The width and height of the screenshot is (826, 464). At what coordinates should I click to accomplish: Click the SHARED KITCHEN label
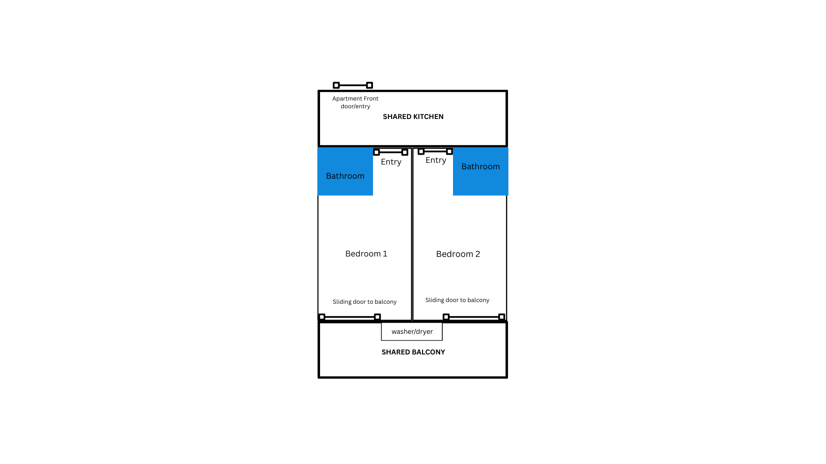coord(413,116)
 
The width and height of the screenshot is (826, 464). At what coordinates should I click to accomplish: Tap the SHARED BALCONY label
coord(413,352)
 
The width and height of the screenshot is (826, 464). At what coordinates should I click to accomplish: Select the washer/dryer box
coord(412,332)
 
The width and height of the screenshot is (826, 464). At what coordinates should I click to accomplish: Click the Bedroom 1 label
coord(366,253)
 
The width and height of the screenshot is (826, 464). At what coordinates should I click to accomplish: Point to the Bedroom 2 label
coord(458,254)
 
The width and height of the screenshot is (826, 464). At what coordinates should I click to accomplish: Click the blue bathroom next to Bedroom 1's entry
coord(345,171)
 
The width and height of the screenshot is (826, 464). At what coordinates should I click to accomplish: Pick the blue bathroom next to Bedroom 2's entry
coord(481,171)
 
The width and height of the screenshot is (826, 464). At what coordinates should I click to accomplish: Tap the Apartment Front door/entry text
coord(355,102)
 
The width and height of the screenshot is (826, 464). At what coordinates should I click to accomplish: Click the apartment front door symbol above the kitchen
coord(353,85)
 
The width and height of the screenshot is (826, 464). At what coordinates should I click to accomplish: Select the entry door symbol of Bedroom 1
coord(391,152)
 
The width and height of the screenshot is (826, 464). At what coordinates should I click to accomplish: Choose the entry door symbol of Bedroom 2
coord(435,151)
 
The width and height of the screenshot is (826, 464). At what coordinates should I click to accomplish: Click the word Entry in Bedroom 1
coord(391,162)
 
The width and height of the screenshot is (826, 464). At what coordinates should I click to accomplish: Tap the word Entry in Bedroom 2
coord(436,160)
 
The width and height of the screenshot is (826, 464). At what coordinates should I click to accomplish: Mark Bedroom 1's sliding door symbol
coord(349,317)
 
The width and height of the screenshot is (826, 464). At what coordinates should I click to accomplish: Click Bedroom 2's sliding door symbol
coord(474,317)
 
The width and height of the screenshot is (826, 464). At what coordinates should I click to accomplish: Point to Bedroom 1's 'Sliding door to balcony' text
coord(364,302)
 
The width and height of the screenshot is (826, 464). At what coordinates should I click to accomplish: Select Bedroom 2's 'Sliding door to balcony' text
coord(457,300)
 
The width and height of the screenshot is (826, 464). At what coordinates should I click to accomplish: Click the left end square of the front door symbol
coord(336,85)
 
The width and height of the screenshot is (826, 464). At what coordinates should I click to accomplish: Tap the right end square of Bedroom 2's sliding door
coord(502,317)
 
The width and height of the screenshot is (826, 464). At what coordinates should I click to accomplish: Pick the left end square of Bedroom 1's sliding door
coord(322,317)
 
